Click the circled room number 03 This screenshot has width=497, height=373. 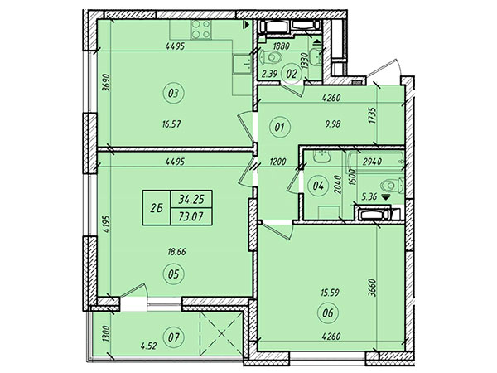point(173,94)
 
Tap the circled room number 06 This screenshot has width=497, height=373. point(328,313)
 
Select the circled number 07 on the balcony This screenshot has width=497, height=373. point(173,338)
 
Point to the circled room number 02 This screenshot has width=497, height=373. point(292,75)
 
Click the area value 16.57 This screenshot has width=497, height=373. point(171,124)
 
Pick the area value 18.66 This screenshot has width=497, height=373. point(177,252)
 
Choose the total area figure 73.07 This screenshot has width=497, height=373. point(191,216)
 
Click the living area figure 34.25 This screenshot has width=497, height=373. point(191,199)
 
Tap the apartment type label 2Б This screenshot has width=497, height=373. point(157,208)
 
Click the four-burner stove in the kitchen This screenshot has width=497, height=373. point(201,30)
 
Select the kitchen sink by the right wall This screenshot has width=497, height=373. point(243,64)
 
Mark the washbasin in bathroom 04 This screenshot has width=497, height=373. point(322,157)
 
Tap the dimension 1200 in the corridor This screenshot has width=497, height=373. point(277,162)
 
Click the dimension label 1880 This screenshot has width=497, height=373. point(281,46)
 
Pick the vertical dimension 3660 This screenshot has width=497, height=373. point(372,288)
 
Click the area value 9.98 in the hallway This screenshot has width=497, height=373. point(333,124)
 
